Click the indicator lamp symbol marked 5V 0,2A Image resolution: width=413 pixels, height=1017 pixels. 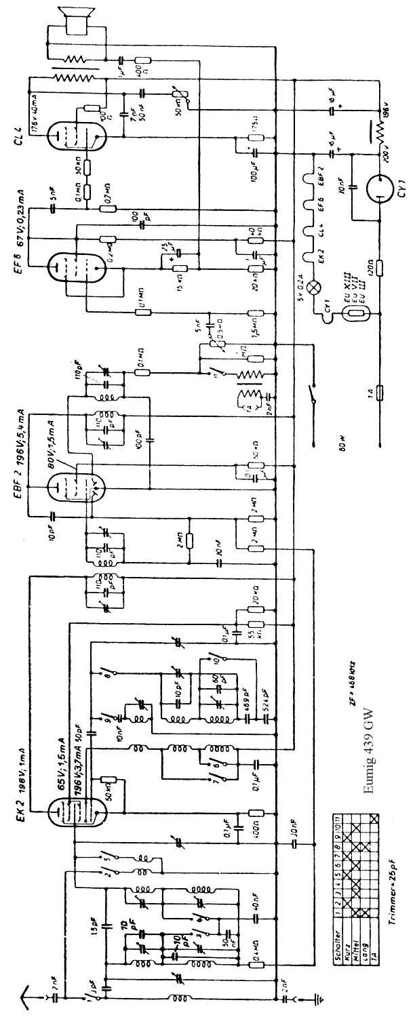(x=313, y=285)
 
